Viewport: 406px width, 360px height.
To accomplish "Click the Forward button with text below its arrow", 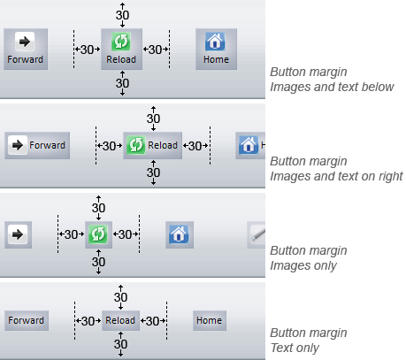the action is (x=26, y=49).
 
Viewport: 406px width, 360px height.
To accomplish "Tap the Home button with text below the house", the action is (x=216, y=49).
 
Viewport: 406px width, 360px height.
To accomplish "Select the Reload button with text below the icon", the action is (x=121, y=49).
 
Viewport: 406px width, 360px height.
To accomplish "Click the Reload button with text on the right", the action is (x=152, y=145).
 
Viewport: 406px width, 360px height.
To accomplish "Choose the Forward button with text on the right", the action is (x=37, y=145).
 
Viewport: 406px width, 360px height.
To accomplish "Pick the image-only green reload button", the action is (x=98, y=234).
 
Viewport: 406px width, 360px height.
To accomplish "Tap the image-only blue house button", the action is (x=180, y=234).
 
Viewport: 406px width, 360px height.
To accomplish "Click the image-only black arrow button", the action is (x=18, y=234).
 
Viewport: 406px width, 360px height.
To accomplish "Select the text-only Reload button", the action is (x=120, y=320).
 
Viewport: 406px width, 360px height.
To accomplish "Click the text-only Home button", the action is (x=210, y=320).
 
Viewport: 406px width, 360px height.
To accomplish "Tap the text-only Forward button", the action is (x=27, y=320).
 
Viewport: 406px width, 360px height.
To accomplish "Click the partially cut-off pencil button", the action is (x=257, y=234).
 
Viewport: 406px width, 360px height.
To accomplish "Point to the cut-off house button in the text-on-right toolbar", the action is (x=250, y=145).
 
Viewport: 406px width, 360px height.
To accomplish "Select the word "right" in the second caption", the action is (x=390, y=177).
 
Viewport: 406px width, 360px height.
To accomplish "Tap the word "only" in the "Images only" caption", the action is (x=326, y=266).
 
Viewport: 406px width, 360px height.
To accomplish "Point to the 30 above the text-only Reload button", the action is (x=120, y=297).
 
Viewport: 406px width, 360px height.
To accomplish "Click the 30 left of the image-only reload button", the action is (x=71, y=234).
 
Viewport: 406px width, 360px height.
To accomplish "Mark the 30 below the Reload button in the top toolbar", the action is (x=122, y=83).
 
